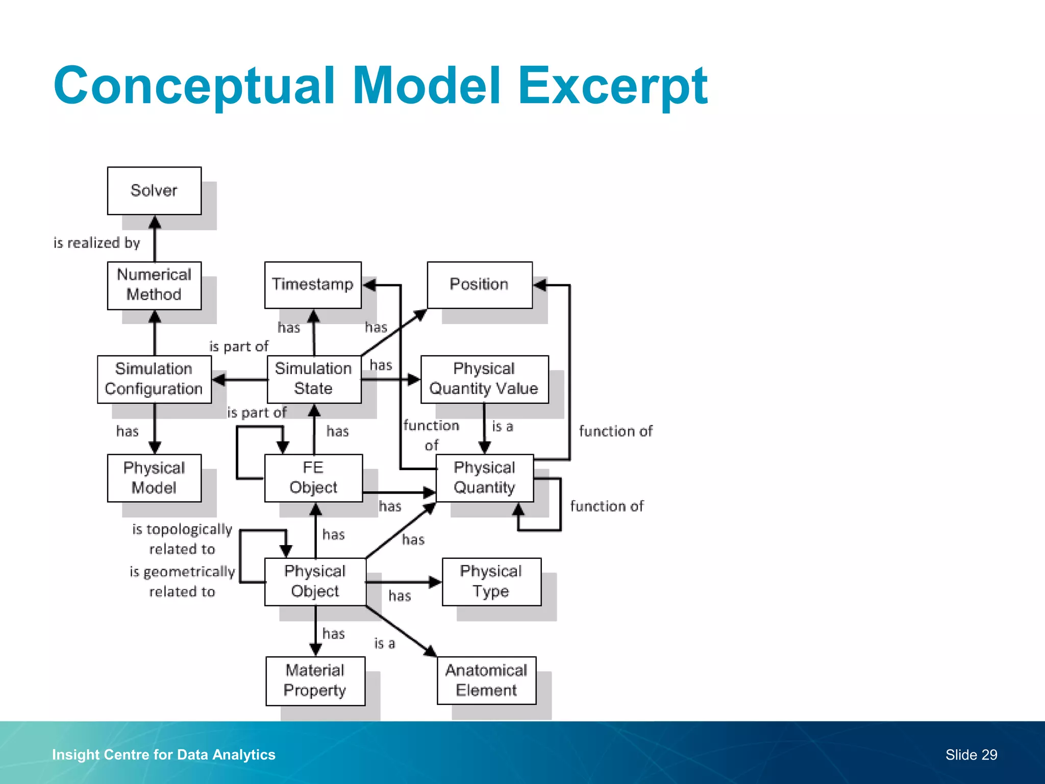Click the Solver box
point(154,191)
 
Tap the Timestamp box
point(313,285)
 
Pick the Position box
point(480,285)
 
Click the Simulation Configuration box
point(154,379)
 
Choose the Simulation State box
point(314,379)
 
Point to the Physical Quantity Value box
point(484,379)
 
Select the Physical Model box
point(154,478)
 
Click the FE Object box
point(313,478)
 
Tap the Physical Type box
point(491,581)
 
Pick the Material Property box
point(315,681)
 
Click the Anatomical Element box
point(486,680)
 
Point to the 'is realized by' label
point(97,243)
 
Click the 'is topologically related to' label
point(182,539)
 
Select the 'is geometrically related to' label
point(182,581)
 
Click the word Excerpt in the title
point(612,86)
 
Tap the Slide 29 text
point(971,755)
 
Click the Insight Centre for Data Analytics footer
point(164,755)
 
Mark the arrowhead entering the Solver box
point(155,222)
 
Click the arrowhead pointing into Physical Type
point(435,582)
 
